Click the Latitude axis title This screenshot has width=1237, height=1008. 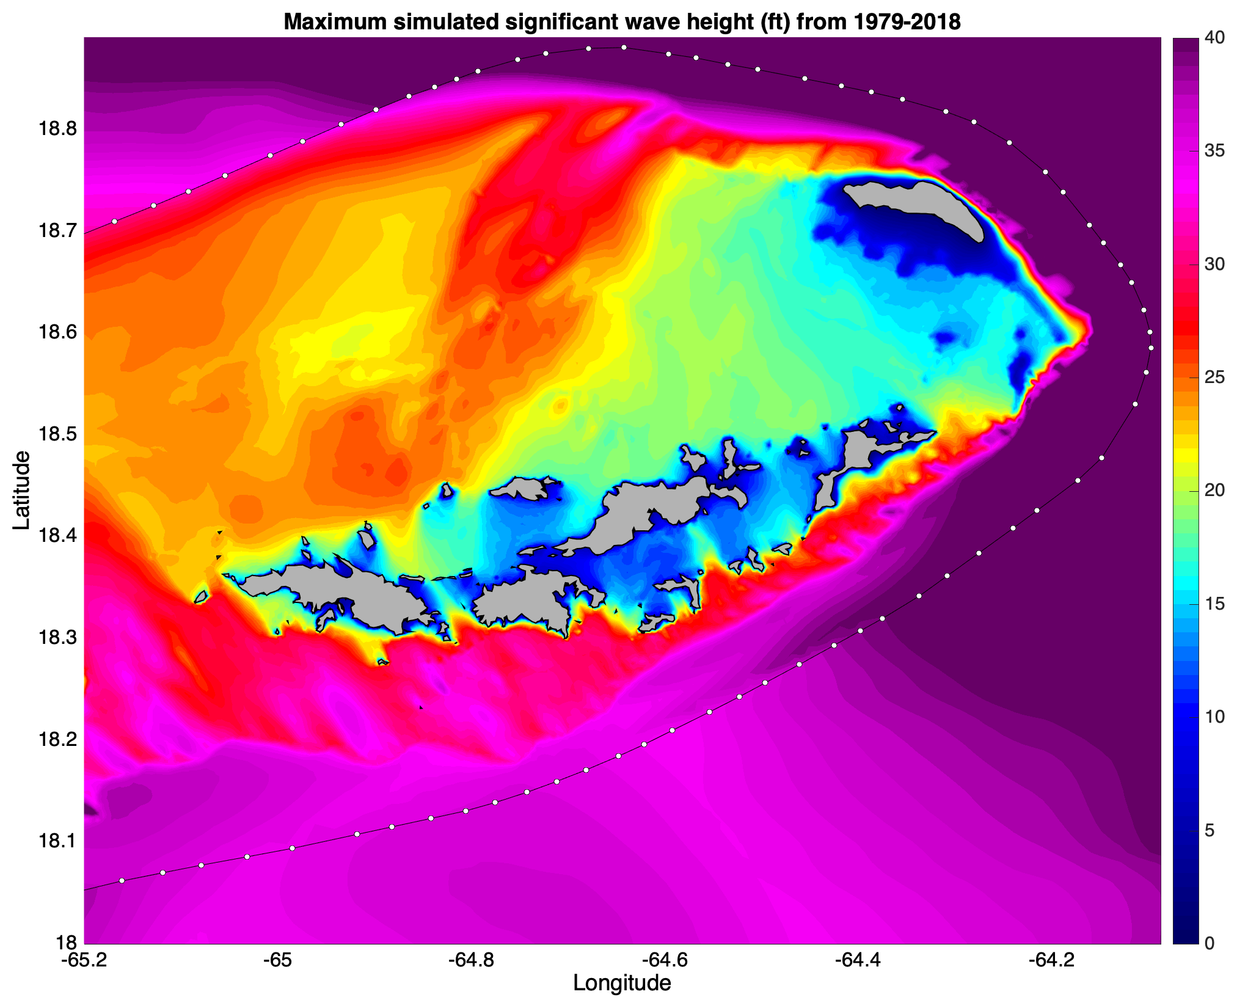21,490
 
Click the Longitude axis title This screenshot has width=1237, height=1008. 622,983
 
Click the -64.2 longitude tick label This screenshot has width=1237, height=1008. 1044,960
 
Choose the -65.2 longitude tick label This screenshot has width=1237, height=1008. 84,960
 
